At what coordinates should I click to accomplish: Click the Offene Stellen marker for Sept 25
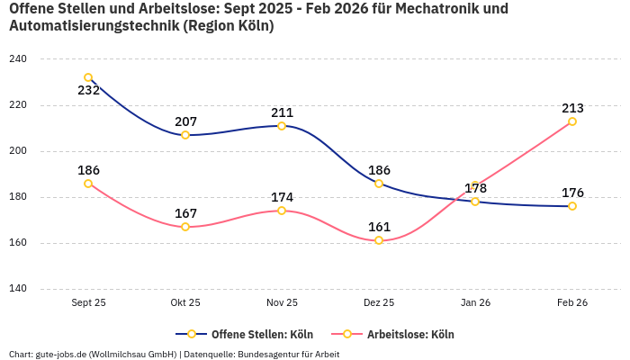tap(88, 77)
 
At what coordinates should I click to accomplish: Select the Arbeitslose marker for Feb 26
tap(572, 121)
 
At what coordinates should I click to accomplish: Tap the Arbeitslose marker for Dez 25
tap(379, 240)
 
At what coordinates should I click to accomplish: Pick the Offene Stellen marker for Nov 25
tap(282, 126)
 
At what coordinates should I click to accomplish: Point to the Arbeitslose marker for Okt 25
tap(185, 227)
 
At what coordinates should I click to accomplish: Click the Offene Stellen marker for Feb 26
tap(572, 206)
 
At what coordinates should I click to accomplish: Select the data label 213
tap(572, 108)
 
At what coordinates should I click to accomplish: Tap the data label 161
tap(379, 227)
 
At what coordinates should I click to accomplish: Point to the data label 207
tap(185, 121)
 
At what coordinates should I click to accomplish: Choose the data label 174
tap(282, 197)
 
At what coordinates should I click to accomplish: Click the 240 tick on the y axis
tap(18, 59)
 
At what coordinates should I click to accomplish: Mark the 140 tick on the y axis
tap(18, 289)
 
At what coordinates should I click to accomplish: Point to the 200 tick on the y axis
tap(18, 151)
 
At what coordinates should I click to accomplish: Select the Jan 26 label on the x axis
tap(475, 303)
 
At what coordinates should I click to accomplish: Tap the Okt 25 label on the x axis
tap(185, 303)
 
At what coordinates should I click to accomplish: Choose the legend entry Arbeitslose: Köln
tap(410, 334)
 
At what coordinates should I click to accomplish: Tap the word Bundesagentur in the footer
tap(268, 354)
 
